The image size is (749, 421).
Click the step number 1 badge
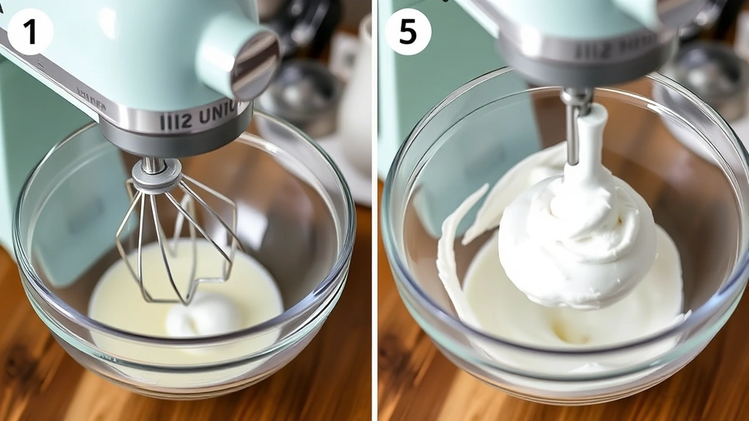pos(30,31)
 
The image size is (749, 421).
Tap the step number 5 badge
pos(408,31)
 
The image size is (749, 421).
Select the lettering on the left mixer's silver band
pos(199,116)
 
